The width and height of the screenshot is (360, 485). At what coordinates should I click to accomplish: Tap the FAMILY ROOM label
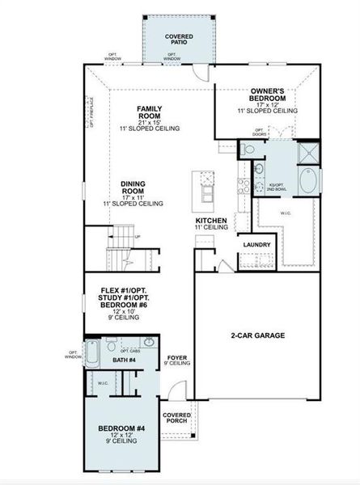(x=152, y=112)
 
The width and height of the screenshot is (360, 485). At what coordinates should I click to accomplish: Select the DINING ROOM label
(x=133, y=188)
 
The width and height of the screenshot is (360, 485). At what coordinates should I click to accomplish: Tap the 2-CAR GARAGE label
(x=263, y=335)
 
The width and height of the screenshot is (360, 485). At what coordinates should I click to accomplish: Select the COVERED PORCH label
(x=177, y=417)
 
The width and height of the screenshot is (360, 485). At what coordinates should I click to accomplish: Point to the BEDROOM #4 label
(x=122, y=428)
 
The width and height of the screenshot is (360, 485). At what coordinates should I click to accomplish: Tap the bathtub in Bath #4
(x=92, y=354)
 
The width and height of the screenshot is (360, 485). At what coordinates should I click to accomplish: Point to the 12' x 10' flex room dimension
(x=121, y=311)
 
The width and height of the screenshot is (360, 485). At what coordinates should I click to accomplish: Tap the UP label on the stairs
(x=137, y=236)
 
